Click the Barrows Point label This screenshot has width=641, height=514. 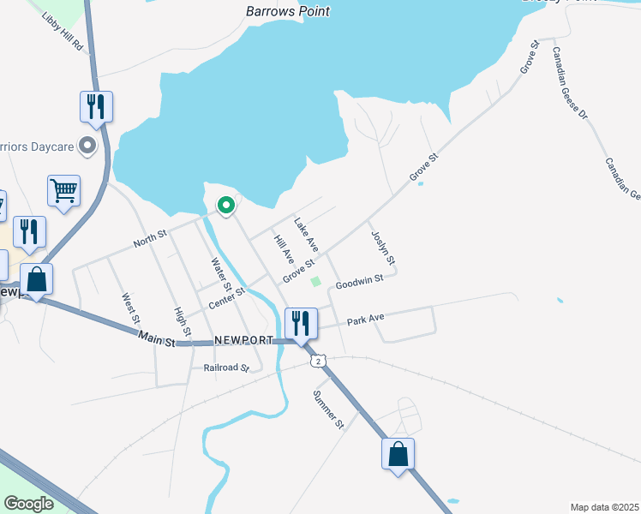[x=287, y=12]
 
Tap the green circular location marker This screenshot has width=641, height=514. [x=226, y=206]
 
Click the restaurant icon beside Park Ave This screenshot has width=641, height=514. [x=301, y=324]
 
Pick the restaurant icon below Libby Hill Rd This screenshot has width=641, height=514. [x=96, y=108]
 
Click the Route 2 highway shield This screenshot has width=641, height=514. [x=319, y=362]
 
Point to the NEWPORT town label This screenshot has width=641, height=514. [x=244, y=340]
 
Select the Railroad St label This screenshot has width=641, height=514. [x=226, y=368]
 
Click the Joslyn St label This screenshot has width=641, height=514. [x=383, y=247]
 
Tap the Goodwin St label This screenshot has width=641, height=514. [x=364, y=282]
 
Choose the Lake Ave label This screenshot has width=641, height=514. [x=306, y=234]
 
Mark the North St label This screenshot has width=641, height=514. [x=150, y=238]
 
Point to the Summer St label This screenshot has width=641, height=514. [x=328, y=409]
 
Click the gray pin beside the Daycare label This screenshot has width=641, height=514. [x=87, y=146]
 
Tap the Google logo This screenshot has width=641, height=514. [x=28, y=503]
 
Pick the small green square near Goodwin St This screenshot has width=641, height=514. [x=315, y=282]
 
